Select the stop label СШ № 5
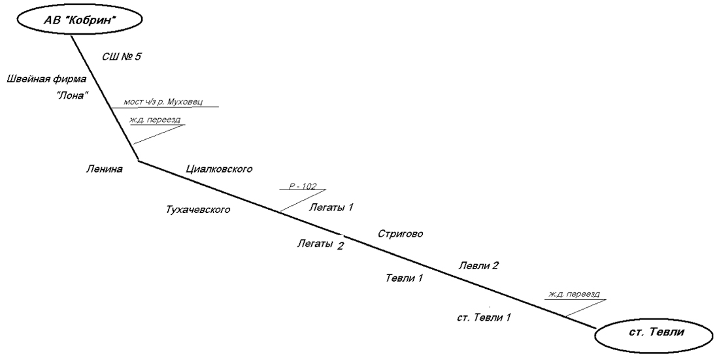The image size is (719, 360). click(122, 57)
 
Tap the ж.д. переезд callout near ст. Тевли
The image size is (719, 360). click(573, 295)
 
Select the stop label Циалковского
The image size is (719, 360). click(219, 169)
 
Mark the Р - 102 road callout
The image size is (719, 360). click(302, 186)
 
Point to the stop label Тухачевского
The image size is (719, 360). click(199, 210)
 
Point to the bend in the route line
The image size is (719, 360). click(138, 161)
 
